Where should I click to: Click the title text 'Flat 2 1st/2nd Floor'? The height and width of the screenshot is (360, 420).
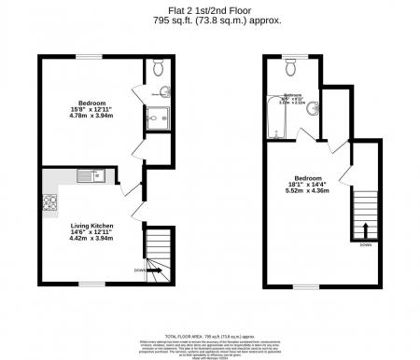[x=210, y=10]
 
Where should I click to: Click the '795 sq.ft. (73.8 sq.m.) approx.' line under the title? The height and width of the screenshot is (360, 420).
[x=210, y=20]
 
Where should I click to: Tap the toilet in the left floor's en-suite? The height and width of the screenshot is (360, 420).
[x=157, y=67]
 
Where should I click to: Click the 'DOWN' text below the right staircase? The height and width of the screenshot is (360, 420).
[x=365, y=247]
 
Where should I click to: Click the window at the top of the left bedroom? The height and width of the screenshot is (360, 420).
[x=89, y=56]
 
